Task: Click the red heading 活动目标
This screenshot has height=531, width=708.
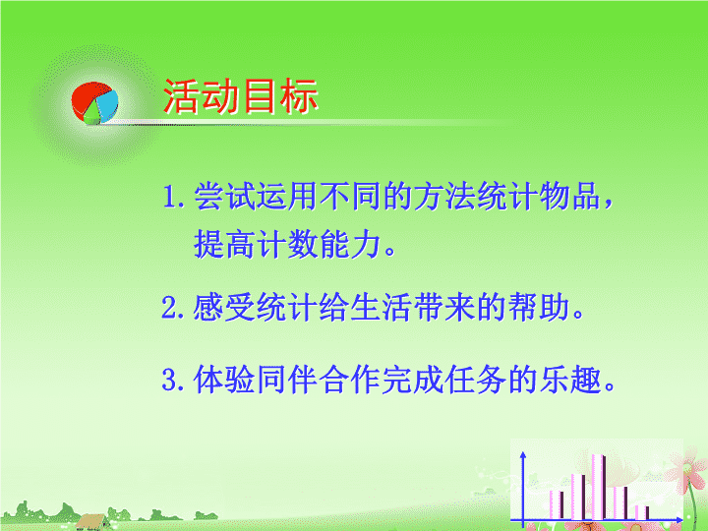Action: (x=241, y=96)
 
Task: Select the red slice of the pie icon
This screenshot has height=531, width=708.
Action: (x=87, y=97)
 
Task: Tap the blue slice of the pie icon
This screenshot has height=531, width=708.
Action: (x=107, y=104)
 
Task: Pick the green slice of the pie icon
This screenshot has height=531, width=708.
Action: (x=92, y=114)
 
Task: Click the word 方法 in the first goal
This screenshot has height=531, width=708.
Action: (x=444, y=197)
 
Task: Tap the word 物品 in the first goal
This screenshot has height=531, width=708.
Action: (x=569, y=197)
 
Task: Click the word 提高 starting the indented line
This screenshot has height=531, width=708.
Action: (x=225, y=244)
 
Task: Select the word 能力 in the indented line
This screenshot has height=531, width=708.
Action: (x=350, y=244)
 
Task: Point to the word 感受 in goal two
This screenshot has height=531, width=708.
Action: (x=224, y=308)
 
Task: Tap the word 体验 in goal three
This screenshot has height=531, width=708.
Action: (x=224, y=380)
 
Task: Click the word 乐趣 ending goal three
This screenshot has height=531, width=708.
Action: (x=570, y=380)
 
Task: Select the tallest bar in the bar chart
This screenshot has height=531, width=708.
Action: (x=599, y=487)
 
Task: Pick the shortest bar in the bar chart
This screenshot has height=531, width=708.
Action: (x=642, y=512)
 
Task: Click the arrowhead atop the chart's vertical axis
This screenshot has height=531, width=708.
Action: (x=523, y=455)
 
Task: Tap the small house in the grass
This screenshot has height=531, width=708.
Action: (x=92, y=522)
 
